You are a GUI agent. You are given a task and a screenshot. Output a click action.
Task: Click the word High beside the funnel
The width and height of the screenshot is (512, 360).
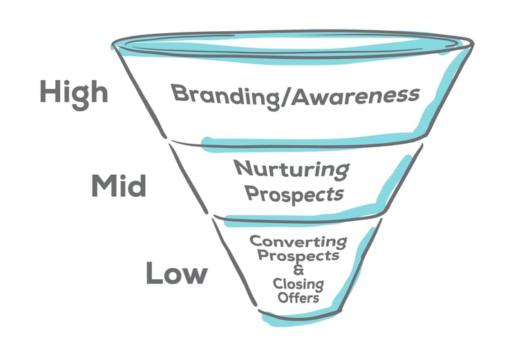tap(73, 91)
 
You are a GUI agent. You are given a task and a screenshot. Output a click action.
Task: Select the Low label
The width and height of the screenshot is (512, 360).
tap(176, 274)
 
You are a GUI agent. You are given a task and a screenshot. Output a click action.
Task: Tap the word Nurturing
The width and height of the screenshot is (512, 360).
tap(291, 168)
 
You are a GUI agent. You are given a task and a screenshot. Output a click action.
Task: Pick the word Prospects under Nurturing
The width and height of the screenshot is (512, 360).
tap(295, 193)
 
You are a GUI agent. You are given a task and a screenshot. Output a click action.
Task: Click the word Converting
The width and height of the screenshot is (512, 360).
tap(297, 242)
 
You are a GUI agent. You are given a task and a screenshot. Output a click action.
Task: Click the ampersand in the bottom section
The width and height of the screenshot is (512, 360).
tap(298, 270)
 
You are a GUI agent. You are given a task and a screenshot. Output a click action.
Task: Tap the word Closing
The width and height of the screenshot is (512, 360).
tap(298, 284)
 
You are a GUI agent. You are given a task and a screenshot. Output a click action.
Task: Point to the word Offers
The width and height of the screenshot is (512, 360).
tap(298, 298)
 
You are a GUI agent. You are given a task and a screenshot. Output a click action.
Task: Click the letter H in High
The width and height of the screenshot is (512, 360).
tap(48, 91)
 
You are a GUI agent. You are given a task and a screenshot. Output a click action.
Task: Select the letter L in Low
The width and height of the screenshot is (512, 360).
tap(153, 274)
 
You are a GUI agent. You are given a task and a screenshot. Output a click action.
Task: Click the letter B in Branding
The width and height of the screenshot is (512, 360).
tap(179, 93)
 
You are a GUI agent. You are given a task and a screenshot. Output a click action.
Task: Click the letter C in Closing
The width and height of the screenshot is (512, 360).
tap(277, 284)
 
